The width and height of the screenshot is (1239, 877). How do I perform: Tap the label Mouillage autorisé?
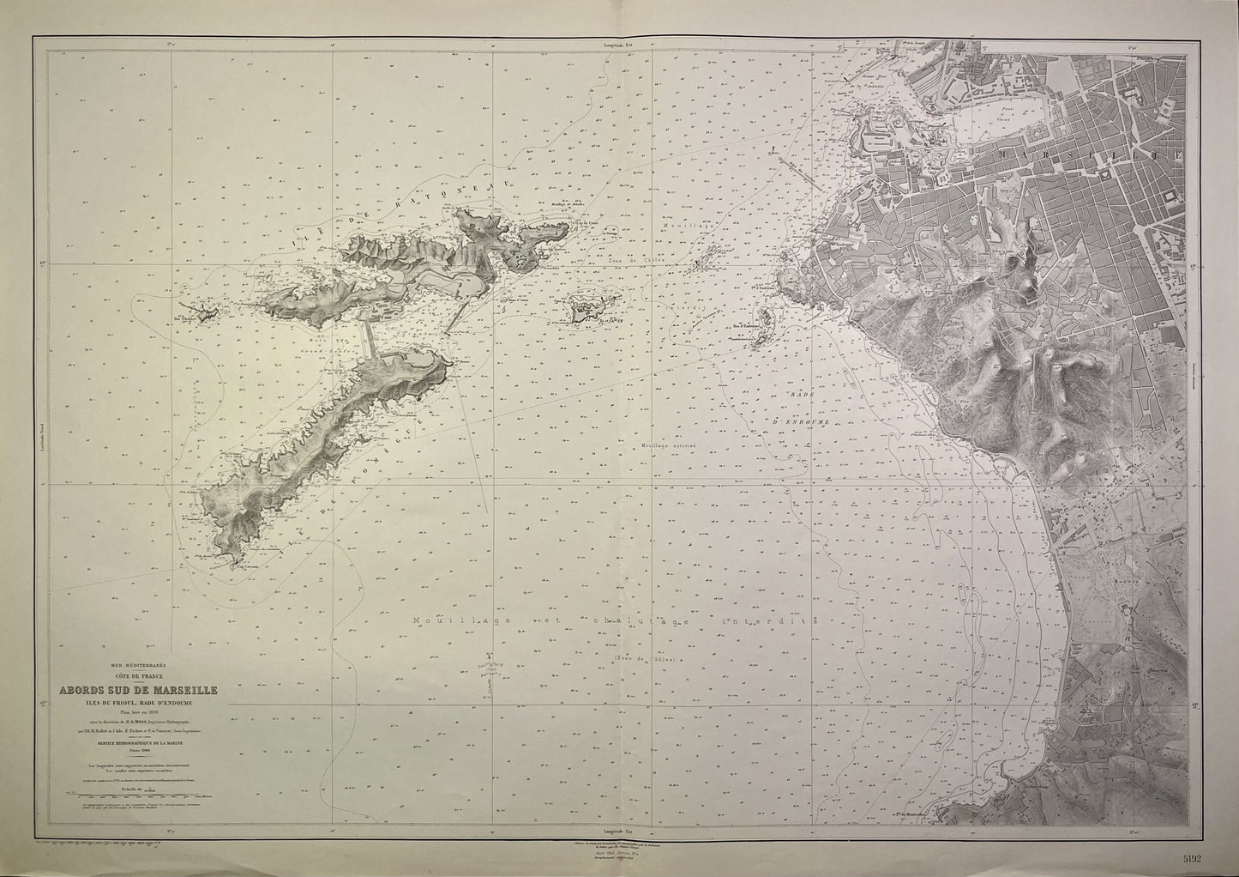coord(667,446)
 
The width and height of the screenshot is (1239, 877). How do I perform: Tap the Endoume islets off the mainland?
coord(761,327)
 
